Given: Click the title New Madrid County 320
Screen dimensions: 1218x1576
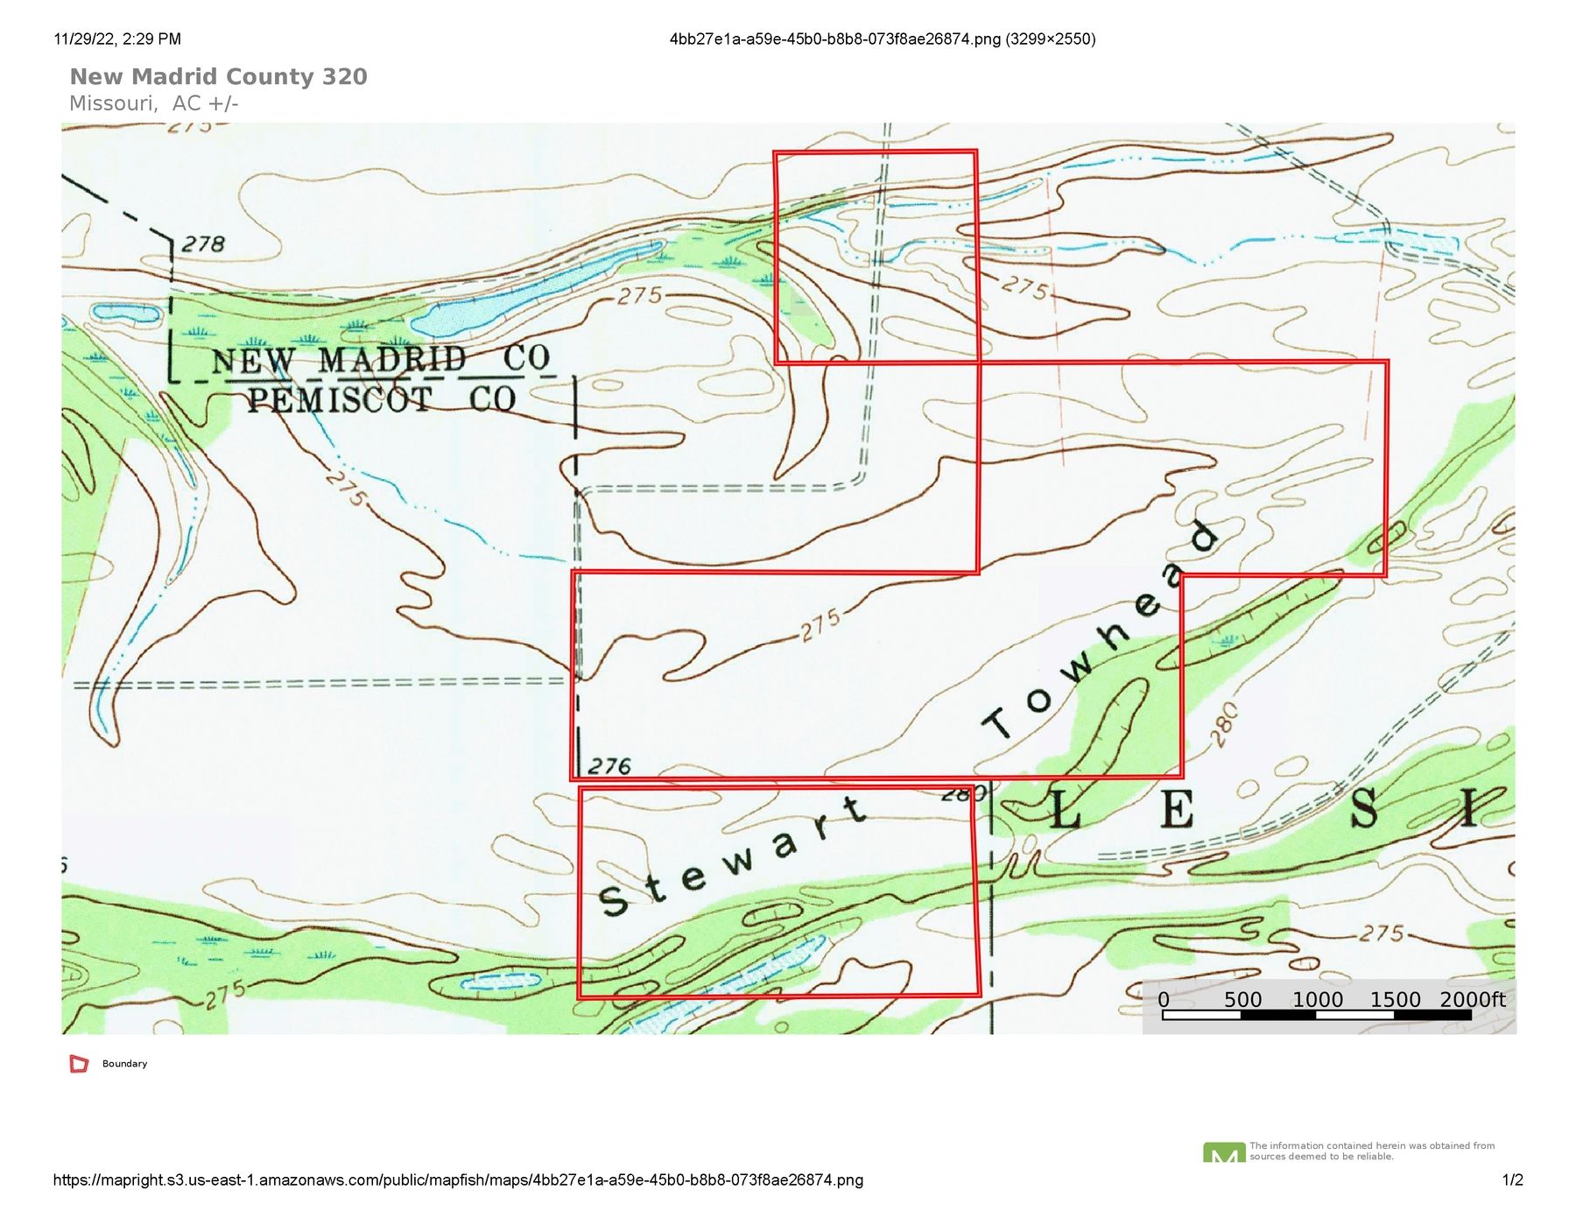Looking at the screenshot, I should tap(218, 77).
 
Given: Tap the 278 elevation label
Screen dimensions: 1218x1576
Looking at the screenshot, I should tap(203, 244).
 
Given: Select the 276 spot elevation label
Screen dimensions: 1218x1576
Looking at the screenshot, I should tap(609, 767).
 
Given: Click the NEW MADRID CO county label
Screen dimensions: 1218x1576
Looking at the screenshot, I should tap(380, 360).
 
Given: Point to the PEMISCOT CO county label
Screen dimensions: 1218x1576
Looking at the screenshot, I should tap(382, 400).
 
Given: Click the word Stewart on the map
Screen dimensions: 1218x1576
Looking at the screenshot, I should tap(732, 859).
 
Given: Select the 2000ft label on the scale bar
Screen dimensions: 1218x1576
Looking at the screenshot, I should tap(1473, 999).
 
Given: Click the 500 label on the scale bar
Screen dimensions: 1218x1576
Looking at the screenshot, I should tap(1242, 999).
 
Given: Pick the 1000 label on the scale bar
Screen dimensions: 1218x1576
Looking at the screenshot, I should tap(1318, 999).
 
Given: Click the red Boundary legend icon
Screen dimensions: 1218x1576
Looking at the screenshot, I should tap(79, 1064).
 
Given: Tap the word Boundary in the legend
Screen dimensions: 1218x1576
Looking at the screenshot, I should tap(124, 1064).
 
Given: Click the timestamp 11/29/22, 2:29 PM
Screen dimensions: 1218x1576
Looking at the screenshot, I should tap(117, 39).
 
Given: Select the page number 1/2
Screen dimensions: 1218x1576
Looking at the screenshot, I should tap(1512, 1179).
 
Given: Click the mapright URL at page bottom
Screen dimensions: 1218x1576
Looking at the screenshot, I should tap(458, 1179).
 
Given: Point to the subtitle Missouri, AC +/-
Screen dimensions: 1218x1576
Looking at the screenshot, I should tap(153, 103).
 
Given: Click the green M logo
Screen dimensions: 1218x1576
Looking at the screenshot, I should tap(1224, 1153).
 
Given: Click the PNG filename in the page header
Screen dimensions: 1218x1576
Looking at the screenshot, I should tap(882, 39).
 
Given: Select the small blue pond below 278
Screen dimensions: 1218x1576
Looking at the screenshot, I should tap(126, 312).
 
